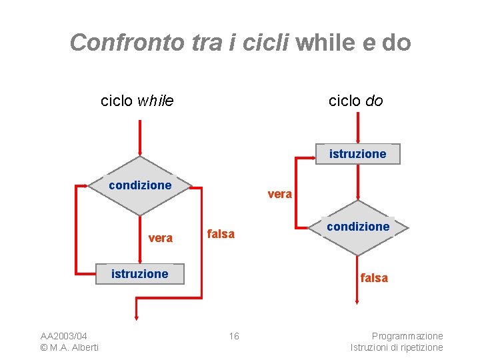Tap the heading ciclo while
coord(137,101)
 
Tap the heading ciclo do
coord(355,101)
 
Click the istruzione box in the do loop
coord(358,154)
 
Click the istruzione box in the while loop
coord(139,274)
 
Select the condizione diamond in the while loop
coord(140,185)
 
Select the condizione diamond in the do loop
coord(358,227)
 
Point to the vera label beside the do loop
coord(279,194)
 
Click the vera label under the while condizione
coord(161,238)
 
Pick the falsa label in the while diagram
coord(221,234)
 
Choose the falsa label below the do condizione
coord(374,278)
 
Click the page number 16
coord(234,336)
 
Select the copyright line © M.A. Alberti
coord(69,347)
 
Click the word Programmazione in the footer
coord(407,336)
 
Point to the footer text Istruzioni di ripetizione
coord(397,347)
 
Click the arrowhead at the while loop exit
coord(136,317)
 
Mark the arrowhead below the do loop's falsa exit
coord(358,302)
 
